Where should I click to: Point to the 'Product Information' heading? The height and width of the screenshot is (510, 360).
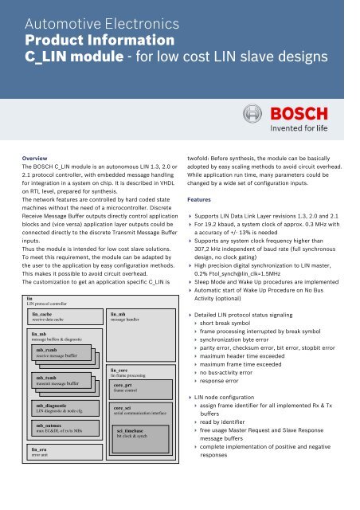click(x=102, y=39)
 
